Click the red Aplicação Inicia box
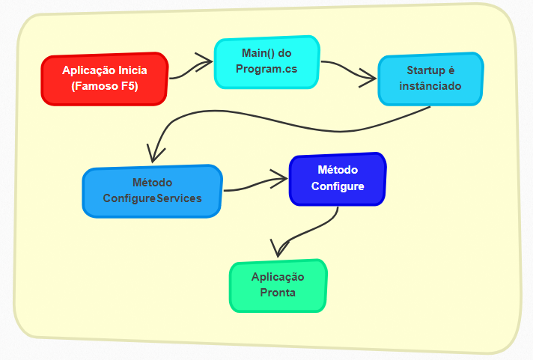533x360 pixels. pos(104,79)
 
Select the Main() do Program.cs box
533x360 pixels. pos(267,62)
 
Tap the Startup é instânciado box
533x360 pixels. pos(430,79)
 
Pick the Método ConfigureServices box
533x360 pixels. pos(152,191)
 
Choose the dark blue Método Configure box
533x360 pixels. pos(338,179)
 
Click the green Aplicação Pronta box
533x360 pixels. pos(278,285)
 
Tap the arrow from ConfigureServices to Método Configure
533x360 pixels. pos(256,183)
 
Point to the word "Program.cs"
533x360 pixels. pos(267,70)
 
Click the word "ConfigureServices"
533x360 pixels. pos(152,198)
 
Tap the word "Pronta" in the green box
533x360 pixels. pos(278,293)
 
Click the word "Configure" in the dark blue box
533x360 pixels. pos(338,186)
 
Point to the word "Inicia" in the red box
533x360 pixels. pos(130,70)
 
